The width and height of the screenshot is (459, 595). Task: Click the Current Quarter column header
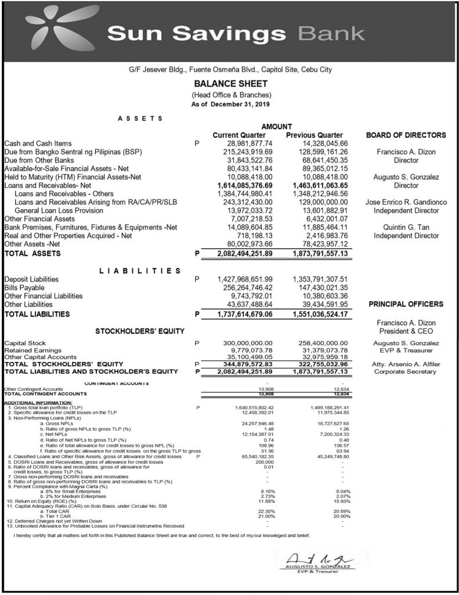[239, 135]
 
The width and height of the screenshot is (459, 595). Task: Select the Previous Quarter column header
[315, 135]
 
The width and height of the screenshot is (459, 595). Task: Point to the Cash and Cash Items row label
[38, 144]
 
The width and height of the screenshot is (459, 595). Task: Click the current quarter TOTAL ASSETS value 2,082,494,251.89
[248, 254]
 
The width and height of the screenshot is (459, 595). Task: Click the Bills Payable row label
[24, 287]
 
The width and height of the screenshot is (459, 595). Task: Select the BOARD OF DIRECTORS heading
[406, 135]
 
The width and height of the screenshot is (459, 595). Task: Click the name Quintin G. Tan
[406, 227]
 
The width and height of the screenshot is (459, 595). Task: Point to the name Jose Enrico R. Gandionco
[406, 202]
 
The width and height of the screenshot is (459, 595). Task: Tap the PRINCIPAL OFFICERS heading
[406, 304]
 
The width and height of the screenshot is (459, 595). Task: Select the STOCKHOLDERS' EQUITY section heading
[139, 331]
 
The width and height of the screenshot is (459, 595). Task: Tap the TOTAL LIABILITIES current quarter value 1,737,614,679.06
[248, 314]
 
